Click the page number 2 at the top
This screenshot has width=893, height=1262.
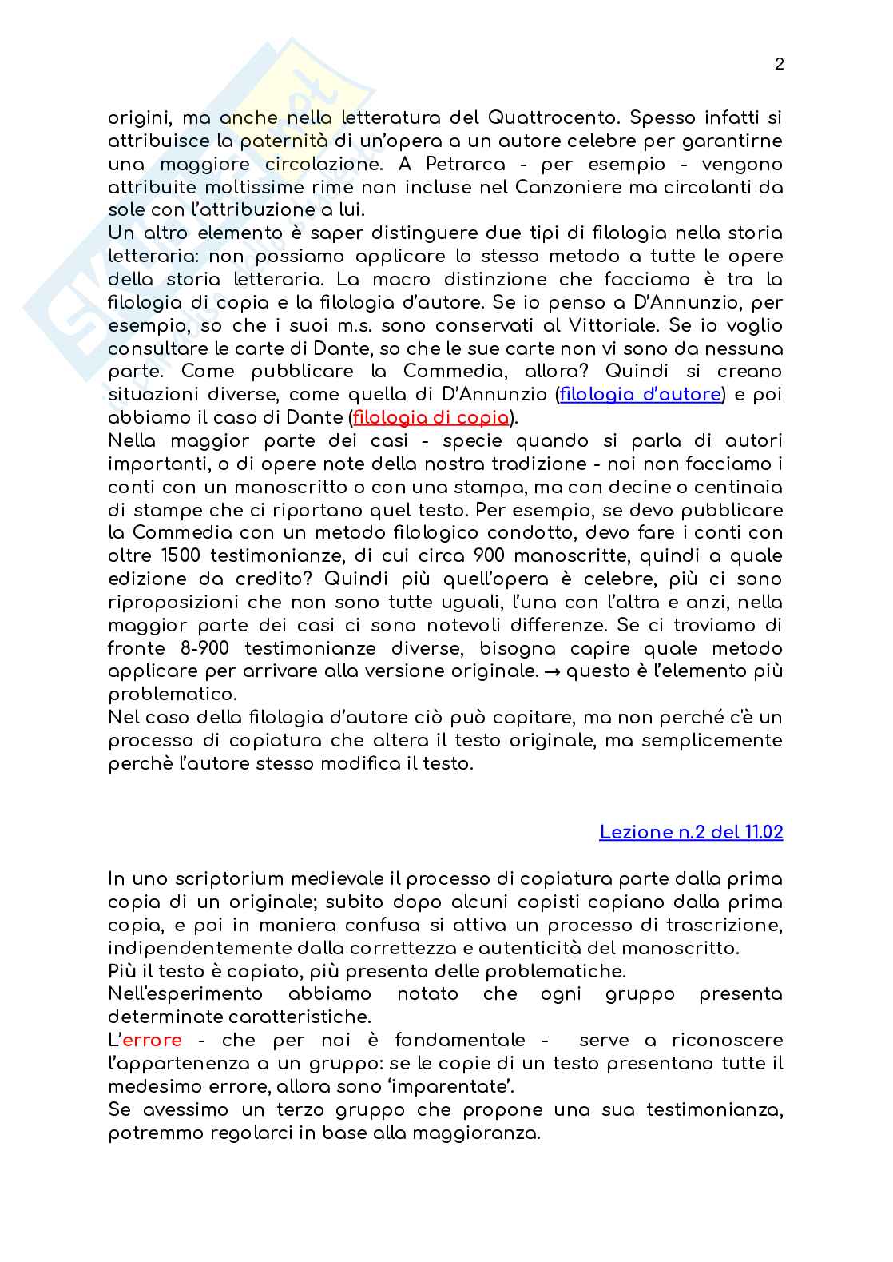pyautogui.click(x=779, y=65)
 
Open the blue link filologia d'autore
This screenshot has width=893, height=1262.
pyautogui.click(x=641, y=395)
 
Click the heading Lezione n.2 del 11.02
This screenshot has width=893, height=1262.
pyautogui.click(x=691, y=832)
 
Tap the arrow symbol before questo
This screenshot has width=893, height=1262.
pyautogui.click(x=551, y=671)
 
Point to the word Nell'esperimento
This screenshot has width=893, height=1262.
pyautogui.click(x=185, y=994)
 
